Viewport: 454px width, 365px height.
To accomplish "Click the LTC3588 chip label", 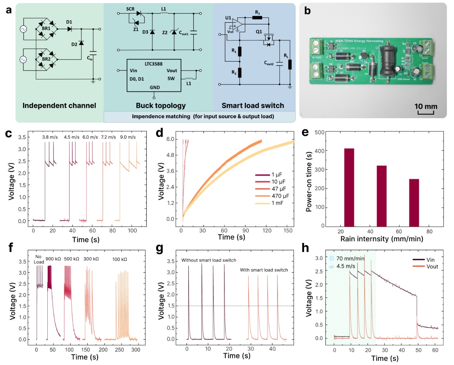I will tap(153, 64).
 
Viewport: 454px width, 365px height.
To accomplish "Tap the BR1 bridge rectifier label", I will tap(46, 28).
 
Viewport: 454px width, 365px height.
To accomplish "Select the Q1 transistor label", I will tap(259, 32).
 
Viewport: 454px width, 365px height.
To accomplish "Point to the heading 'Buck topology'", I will tap(161, 106).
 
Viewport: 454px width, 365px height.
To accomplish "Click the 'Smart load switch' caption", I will tap(252, 106).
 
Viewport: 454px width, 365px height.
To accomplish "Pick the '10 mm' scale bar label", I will tap(426, 106).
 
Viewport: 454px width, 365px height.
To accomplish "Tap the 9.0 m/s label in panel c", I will tap(128, 137).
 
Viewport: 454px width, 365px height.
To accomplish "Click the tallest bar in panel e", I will tap(349, 187).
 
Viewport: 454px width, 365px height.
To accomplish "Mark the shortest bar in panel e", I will tap(414, 202).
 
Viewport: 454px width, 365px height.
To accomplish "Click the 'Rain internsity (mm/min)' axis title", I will tap(382, 239).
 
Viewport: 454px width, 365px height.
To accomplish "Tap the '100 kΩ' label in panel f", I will tap(119, 259).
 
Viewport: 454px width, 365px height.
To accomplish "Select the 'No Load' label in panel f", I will tap(39, 259).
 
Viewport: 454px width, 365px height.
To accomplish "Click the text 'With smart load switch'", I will tap(264, 270).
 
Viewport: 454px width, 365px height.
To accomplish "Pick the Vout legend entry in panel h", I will tap(432, 266).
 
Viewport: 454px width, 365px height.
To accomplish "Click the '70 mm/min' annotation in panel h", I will tap(350, 259).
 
